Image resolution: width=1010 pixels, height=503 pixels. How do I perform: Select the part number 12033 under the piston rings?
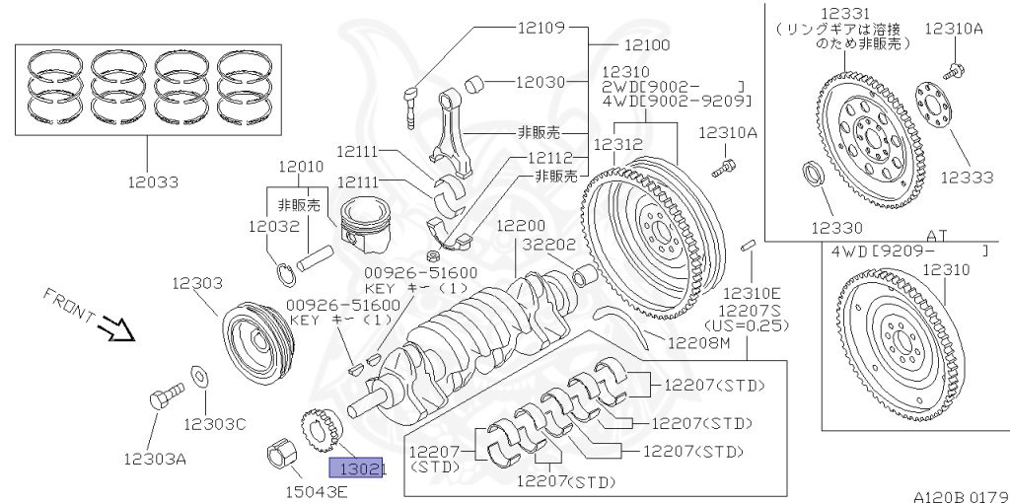tap(152, 181)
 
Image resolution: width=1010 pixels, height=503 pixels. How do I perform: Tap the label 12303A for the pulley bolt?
tap(155, 458)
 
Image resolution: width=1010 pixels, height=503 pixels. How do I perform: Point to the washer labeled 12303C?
tap(199, 375)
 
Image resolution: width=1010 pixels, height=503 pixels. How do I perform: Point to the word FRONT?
tap(69, 306)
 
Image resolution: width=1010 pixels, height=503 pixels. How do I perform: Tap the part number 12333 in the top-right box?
tap(967, 177)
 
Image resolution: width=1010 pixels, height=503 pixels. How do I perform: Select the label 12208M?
tap(697, 343)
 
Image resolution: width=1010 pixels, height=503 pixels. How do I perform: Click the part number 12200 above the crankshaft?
tap(521, 226)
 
